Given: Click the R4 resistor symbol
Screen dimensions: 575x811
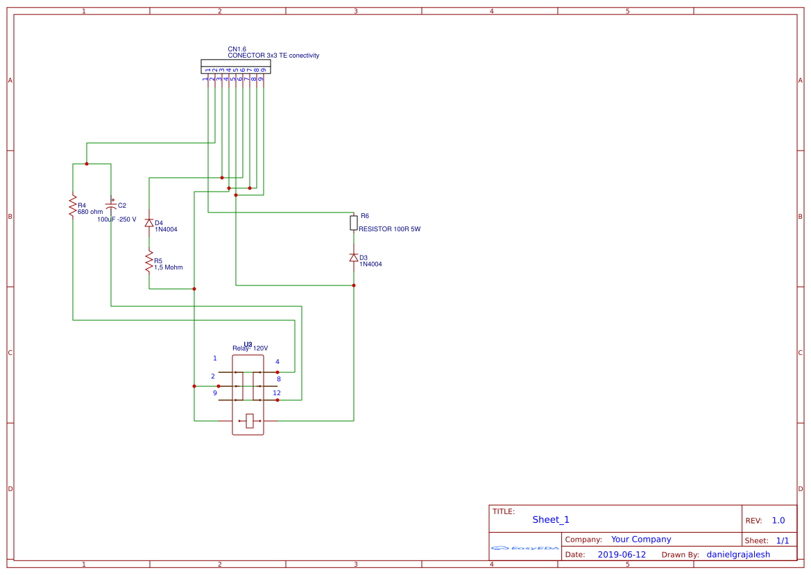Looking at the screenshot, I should tap(72, 206).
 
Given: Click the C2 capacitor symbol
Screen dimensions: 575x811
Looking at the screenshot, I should tap(111, 206).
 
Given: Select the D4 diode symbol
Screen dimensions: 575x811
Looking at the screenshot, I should tap(148, 223).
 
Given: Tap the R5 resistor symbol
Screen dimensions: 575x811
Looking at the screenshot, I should tap(148, 262).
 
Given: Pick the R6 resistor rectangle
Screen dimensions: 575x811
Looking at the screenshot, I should tap(354, 223).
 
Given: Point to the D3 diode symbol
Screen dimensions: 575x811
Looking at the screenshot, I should tap(354, 258).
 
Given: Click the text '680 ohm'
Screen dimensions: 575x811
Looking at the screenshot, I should tap(90, 212).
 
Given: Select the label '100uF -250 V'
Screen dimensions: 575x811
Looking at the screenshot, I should tap(117, 219).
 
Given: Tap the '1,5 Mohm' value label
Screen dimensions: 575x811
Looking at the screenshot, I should tap(169, 267).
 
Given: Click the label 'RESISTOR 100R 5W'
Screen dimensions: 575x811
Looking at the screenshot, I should tap(389, 229).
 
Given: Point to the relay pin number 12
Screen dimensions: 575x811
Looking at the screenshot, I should tap(277, 393).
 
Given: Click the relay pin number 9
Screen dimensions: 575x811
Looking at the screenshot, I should tap(215, 393).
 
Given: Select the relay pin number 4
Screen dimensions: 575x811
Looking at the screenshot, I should tap(278, 362).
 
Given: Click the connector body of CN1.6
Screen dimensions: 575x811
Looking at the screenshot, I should tap(236, 67).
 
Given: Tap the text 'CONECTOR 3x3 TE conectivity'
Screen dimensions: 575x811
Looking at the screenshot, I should tap(273, 56).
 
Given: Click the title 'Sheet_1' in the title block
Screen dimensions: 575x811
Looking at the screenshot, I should tap(551, 519).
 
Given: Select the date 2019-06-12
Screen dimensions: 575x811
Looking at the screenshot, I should tap(622, 555).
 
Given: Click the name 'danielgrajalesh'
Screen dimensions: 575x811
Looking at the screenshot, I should tap(738, 555).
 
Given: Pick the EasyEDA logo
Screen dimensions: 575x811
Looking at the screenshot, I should tap(525, 548).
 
